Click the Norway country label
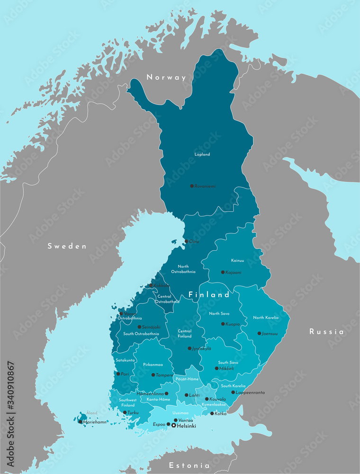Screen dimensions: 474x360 click(x=166, y=77)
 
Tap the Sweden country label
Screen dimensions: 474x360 click(x=67, y=246)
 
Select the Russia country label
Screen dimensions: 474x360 click(x=326, y=332)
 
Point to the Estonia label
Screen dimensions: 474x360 click(x=189, y=465)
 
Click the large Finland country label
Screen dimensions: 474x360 click(x=209, y=295)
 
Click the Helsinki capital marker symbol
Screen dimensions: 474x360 click(x=173, y=426)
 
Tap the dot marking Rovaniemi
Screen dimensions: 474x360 click(x=192, y=186)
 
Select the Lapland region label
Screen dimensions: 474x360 click(x=202, y=155)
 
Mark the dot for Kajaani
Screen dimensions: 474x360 click(x=223, y=272)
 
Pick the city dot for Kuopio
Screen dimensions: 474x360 click(x=223, y=324)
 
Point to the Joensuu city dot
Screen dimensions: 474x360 click(x=259, y=333)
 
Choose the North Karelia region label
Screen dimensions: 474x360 click(x=266, y=318)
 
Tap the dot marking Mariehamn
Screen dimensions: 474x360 click(x=80, y=421)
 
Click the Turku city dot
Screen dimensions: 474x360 click(x=125, y=413)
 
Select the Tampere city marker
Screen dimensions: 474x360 click(x=153, y=375)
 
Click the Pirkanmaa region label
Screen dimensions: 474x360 click(x=153, y=365)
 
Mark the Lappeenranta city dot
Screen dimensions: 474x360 click(x=233, y=392)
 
